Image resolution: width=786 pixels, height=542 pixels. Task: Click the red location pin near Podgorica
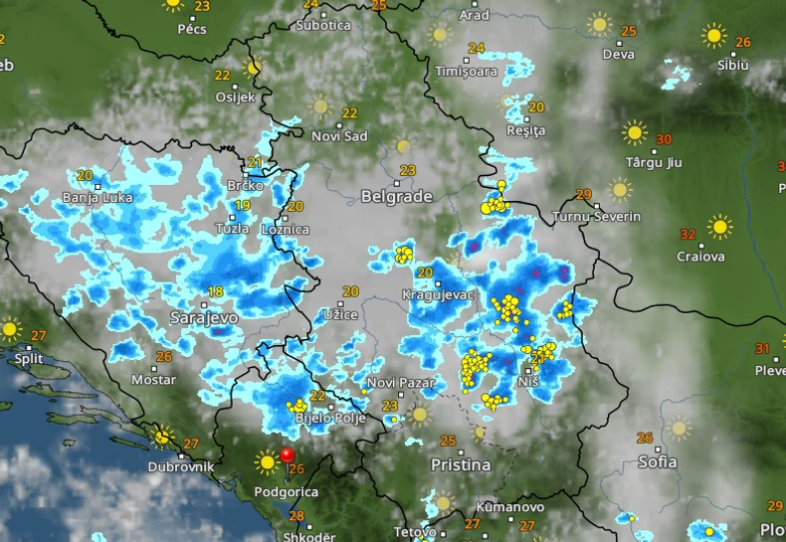click(x=288, y=455)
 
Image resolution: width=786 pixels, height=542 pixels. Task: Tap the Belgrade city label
click(x=396, y=196)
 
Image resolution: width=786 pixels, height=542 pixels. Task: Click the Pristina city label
click(x=461, y=464)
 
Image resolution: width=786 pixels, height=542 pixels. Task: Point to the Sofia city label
click(x=658, y=461)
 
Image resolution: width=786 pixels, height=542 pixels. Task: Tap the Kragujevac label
click(x=435, y=295)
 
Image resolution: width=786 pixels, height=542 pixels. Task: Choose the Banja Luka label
click(x=97, y=198)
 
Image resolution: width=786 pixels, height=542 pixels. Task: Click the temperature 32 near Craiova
click(x=688, y=235)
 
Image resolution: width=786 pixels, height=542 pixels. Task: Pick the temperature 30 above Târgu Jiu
click(x=664, y=139)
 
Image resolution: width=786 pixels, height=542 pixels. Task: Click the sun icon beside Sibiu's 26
click(x=713, y=36)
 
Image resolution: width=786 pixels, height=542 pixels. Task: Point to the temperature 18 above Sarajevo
click(x=215, y=291)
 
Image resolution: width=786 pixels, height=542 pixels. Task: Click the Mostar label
click(x=153, y=380)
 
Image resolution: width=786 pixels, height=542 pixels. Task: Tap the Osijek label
click(x=235, y=96)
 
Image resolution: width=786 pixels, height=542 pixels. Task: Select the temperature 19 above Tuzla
click(x=242, y=206)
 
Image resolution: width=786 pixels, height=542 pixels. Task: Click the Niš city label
click(x=530, y=382)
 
